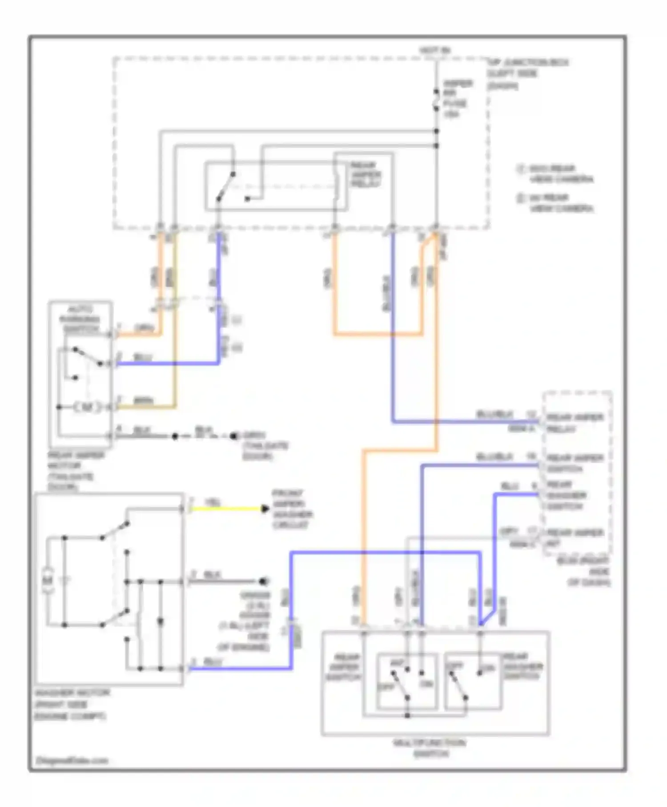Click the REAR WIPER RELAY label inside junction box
[366, 175]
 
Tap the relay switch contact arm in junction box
[225, 186]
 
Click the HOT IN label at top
[435, 50]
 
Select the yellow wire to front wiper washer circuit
[227, 508]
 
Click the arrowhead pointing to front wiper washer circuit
[265, 508]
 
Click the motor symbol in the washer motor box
[48, 581]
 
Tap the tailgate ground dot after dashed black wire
[234, 436]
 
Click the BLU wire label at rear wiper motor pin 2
[143, 357]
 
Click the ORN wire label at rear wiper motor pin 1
[144, 329]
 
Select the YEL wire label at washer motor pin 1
[212, 502]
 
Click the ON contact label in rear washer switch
[488, 669]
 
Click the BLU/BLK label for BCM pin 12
[494, 415]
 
